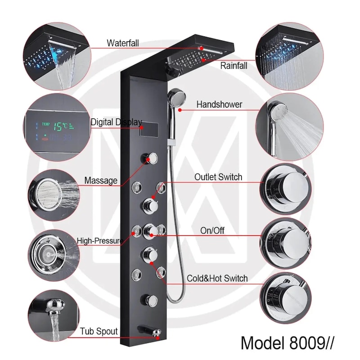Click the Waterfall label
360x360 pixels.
[122, 43]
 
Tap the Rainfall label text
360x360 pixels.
[234, 66]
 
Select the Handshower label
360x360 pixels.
[219, 104]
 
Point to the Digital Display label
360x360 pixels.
[117, 122]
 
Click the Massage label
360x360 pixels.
[101, 180]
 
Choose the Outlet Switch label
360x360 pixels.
[218, 177]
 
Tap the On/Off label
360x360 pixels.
[212, 230]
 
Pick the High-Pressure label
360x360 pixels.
[100, 241]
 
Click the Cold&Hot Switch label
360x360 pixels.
[217, 278]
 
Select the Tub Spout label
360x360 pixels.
[99, 331]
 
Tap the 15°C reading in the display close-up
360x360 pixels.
[61, 126]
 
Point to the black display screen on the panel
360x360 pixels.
[149, 129]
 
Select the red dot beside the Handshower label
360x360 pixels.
[180, 110]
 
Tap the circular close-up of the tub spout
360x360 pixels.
[54, 315]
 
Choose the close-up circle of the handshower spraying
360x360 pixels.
[289, 127]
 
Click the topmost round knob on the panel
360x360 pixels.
[150, 159]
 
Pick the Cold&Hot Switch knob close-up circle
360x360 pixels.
[286, 298]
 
